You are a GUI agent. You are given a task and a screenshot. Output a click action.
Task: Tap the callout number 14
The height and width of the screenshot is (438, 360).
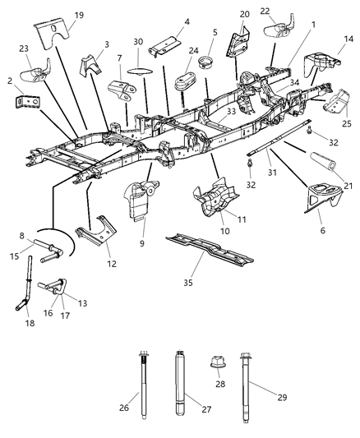348,38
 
